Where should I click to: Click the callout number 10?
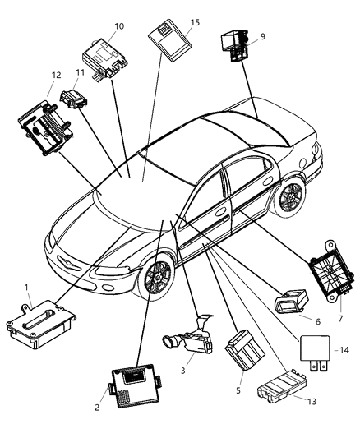pyautogui.click(x=119, y=26)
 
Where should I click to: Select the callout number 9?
pyautogui.click(x=262, y=36)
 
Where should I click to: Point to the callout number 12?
pyautogui.click(x=55, y=76)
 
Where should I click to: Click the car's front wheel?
pyautogui.click(x=155, y=278)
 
